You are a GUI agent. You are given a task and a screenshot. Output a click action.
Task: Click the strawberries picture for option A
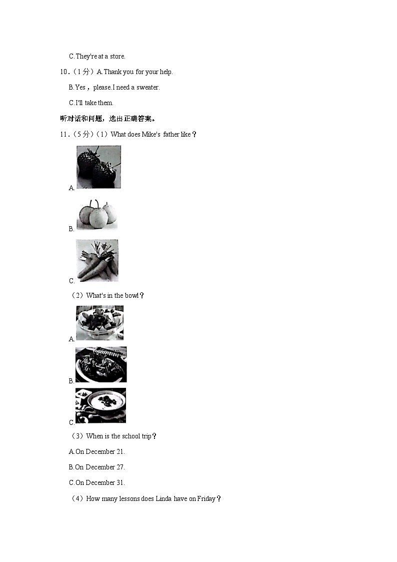pos(98,167)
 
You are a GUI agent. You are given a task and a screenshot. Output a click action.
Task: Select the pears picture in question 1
pos(97,215)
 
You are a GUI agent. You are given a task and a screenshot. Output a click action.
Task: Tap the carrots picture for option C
pos(97,260)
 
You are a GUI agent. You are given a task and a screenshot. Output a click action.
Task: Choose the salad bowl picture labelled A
pos(99,323)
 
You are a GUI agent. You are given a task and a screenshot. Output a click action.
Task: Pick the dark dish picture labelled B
pos(101,364)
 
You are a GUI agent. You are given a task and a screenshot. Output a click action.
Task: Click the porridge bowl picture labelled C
pos(100,405)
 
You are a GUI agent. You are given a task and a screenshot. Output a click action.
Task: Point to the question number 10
pos(63,72)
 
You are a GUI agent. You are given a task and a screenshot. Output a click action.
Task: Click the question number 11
pos(63,134)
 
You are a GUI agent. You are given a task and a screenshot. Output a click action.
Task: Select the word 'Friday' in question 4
pos(206,498)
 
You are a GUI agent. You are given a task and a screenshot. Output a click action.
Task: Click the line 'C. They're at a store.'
pos(97,57)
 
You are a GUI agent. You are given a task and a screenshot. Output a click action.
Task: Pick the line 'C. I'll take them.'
pos(91,103)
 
